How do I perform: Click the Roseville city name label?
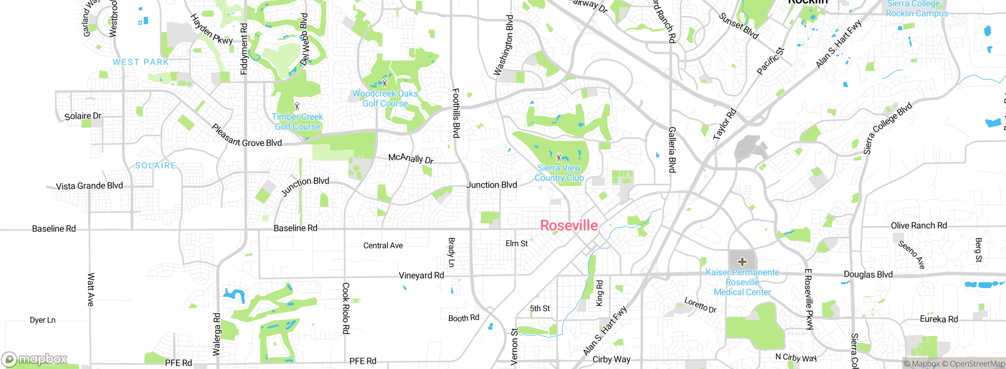[x=569, y=226]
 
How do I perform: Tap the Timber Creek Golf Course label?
[x=297, y=122]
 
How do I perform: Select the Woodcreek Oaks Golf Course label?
[x=385, y=99]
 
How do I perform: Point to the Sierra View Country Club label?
[x=559, y=173]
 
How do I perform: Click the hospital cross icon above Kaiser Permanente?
[x=742, y=261]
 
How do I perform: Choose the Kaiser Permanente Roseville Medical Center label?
[x=742, y=282]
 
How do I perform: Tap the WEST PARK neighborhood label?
[x=141, y=62]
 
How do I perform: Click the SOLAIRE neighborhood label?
[x=155, y=166]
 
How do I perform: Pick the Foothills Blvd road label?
[x=456, y=113]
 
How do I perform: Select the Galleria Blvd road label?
[x=672, y=150]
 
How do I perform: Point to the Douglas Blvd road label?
[x=868, y=274]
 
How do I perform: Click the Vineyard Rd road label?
[x=421, y=276]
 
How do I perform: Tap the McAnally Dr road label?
[x=411, y=158]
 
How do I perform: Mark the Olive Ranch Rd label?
[x=919, y=226]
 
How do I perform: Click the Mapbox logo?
[x=35, y=359]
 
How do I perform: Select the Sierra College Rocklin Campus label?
[x=917, y=9]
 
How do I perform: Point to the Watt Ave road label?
[x=91, y=290]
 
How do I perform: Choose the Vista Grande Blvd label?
[x=89, y=186]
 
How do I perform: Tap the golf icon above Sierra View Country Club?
[x=559, y=157]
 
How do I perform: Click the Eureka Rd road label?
[x=939, y=319]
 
